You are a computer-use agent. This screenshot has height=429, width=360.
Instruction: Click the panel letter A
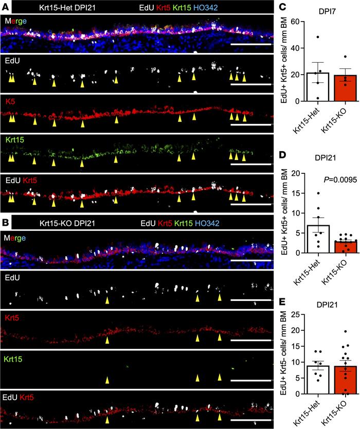(5, 7)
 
